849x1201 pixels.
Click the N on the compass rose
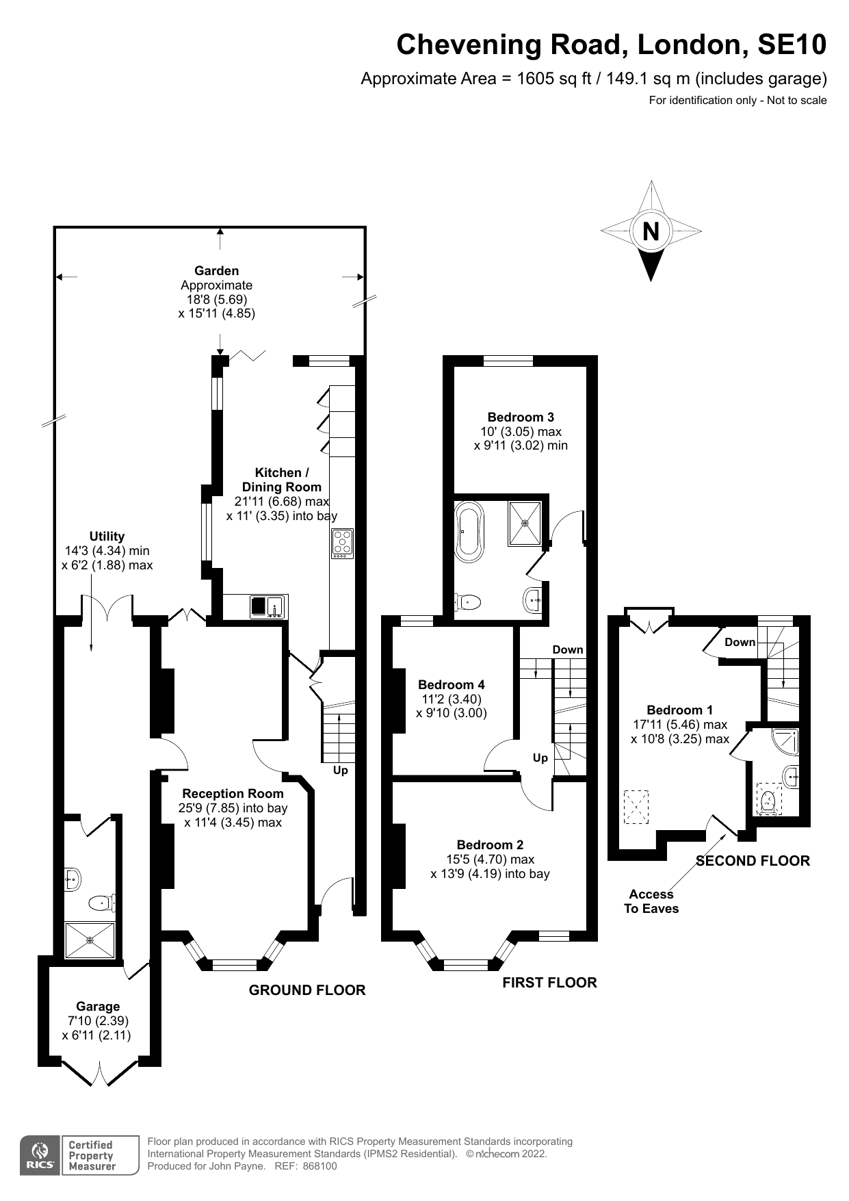coord(651,231)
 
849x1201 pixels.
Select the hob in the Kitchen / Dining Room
coord(342,543)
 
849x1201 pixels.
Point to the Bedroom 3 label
coord(521,417)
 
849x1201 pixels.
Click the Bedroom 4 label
coord(452,684)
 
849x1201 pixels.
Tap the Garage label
coord(98,1006)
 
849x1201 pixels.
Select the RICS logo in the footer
coord(40,1155)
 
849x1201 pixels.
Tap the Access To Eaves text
coord(651,901)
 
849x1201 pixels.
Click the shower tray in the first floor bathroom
coord(525,524)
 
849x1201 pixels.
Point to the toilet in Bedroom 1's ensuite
coord(770,799)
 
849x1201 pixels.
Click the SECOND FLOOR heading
coord(753,861)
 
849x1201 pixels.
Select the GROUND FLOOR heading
coord(307,990)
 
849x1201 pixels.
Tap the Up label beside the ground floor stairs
coord(340,771)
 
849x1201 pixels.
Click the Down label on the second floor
coord(740,642)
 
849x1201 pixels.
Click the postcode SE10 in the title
coord(792,44)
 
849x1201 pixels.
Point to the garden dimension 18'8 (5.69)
coord(216,299)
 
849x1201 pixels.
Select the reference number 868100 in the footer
coord(319,1166)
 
